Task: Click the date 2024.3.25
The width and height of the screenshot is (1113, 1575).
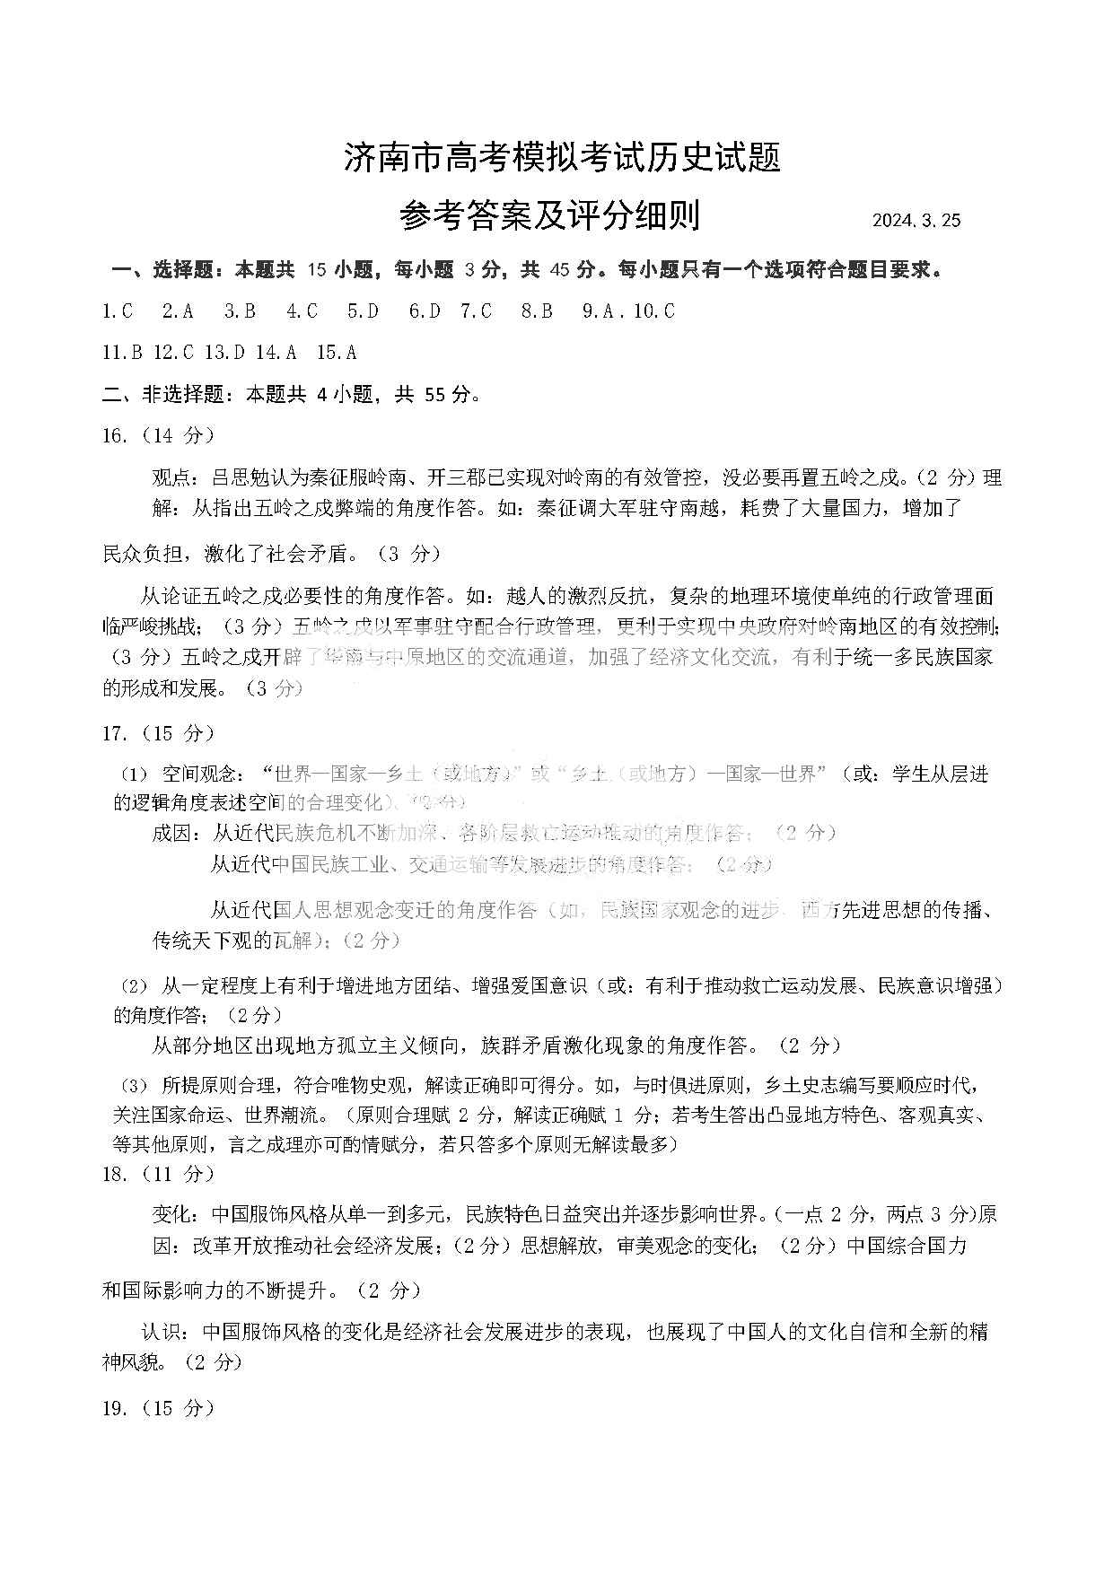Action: pos(916,221)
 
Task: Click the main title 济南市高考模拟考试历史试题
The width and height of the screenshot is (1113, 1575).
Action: pos(563,158)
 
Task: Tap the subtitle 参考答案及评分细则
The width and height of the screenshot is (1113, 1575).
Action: pos(549,216)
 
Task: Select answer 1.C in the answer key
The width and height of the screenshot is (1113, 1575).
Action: pos(118,311)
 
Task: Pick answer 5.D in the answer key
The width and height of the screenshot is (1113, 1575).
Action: pos(363,311)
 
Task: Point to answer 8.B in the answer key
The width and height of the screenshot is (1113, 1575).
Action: pos(537,311)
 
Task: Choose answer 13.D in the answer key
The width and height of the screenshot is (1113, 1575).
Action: pos(224,353)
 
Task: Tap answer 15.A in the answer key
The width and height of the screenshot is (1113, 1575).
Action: pos(337,353)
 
